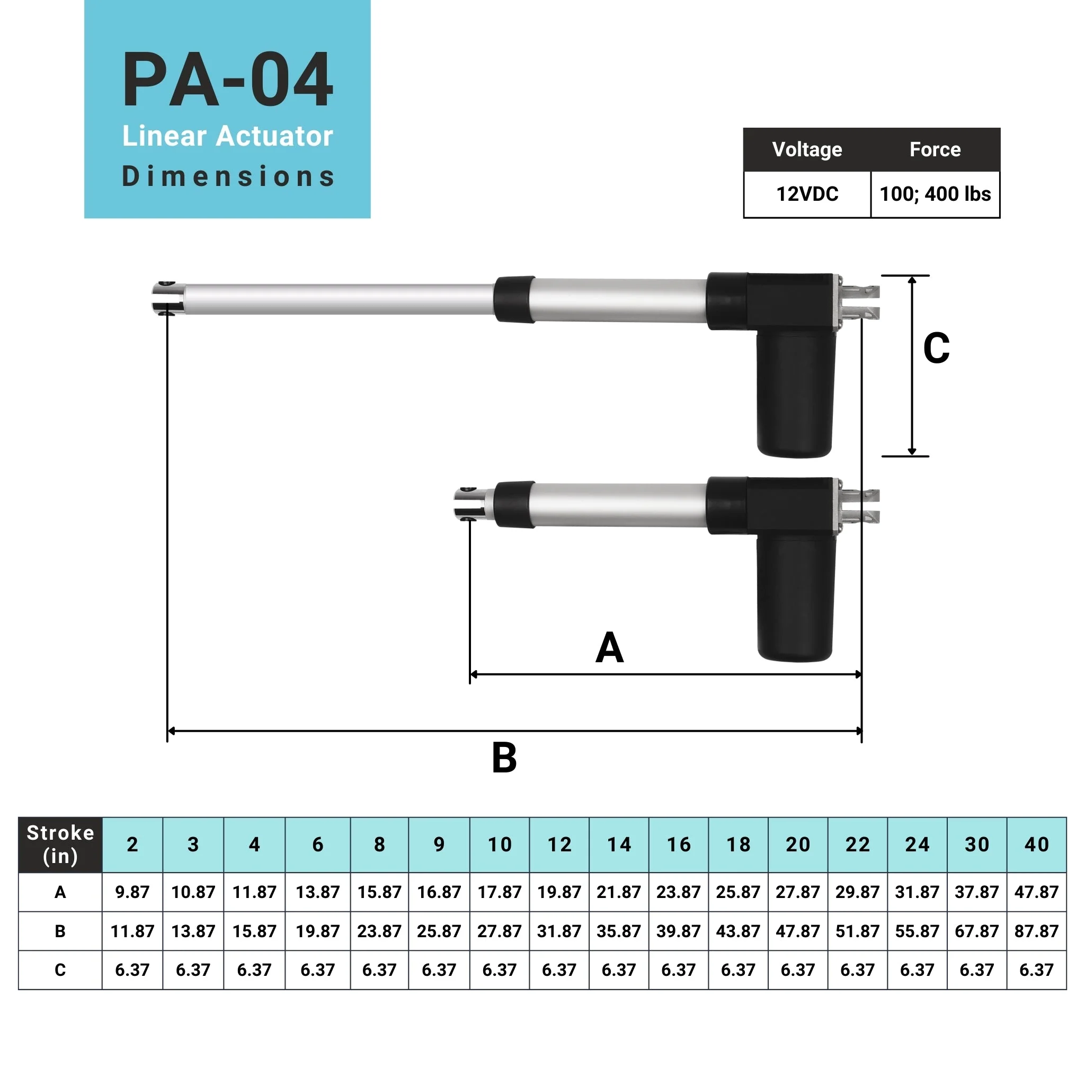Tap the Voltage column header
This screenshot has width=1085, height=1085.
pyautogui.click(x=807, y=149)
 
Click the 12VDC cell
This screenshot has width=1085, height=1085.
pyautogui.click(x=807, y=194)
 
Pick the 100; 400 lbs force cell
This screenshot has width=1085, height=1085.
pyautogui.click(x=935, y=194)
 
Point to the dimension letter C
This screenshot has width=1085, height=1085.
pyautogui.click(x=936, y=348)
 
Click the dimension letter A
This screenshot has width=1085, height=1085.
pyautogui.click(x=609, y=647)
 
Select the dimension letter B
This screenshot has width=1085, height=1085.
pyautogui.click(x=504, y=758)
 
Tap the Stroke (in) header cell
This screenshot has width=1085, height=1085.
pyautogui.click(x=60, y=844)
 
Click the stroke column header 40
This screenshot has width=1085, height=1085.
pyautogui.click(x=1036, y=844)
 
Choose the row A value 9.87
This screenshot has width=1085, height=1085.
pyautogui.click(x=132, y=892)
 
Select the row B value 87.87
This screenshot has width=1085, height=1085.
pyautogui.click(x=1036, y=931)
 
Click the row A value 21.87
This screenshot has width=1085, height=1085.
pyautogui.click(x=618, y=892)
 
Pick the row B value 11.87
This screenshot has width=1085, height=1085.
pyautogui.click(x=132, y=931)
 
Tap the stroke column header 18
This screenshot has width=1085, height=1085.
pyautogui.click(x=738, y=844)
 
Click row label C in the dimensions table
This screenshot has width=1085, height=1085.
pyautogui.click(x=60, y=970)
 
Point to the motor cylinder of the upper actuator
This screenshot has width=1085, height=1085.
pyautogui.click(x=795, y=393)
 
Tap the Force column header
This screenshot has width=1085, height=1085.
pyautogui.click(x=935, y=149)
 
